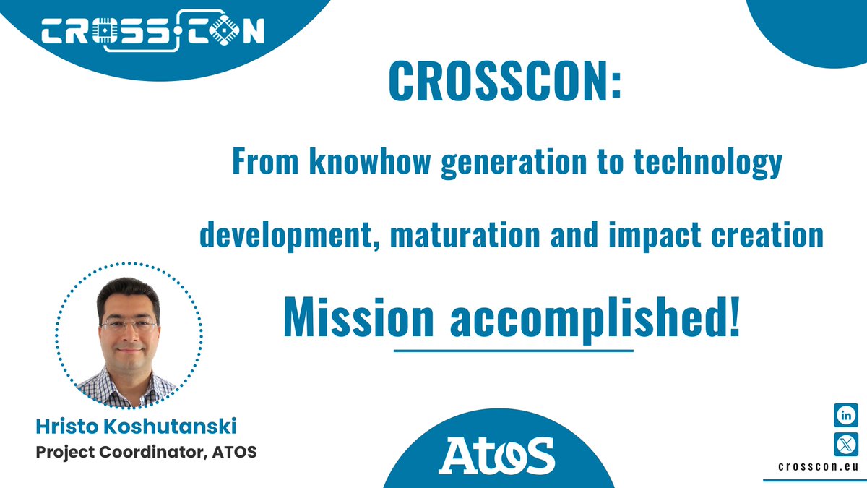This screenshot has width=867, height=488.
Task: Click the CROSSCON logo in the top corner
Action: [152, 31]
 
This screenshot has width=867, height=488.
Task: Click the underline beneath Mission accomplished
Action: [514, 351]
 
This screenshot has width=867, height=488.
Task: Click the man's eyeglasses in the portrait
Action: [129, 325]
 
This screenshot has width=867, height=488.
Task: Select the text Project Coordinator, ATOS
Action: [146, 453]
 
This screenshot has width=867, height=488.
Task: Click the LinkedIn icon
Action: [846, 416]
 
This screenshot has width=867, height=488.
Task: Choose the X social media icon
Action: [846, 442]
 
